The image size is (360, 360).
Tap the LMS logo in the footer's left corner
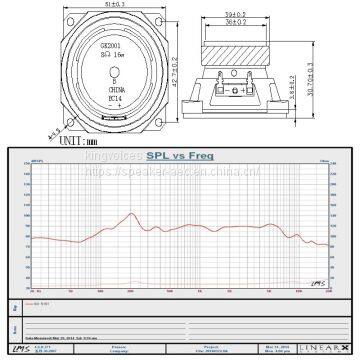19,345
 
